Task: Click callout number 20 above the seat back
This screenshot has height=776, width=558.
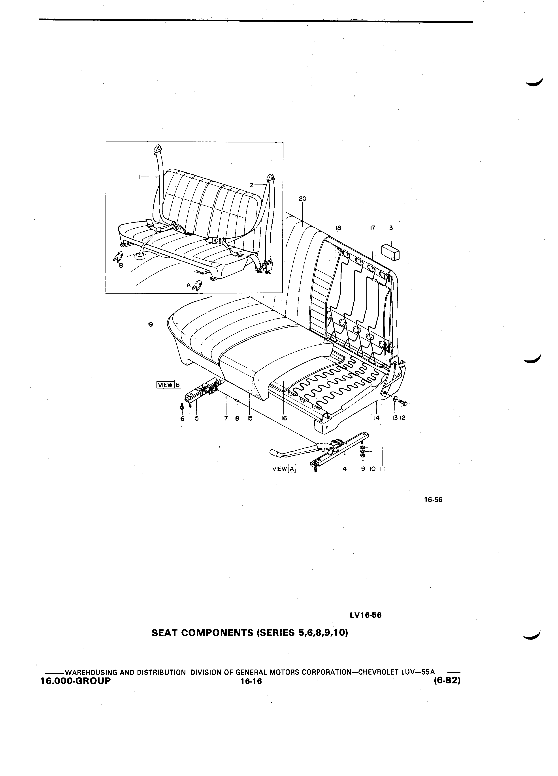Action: (302, 199)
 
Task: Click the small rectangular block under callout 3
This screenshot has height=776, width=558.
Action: (390, 252)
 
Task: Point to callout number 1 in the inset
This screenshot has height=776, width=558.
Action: (139, 177)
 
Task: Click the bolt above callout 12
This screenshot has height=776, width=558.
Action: (403, 404)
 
